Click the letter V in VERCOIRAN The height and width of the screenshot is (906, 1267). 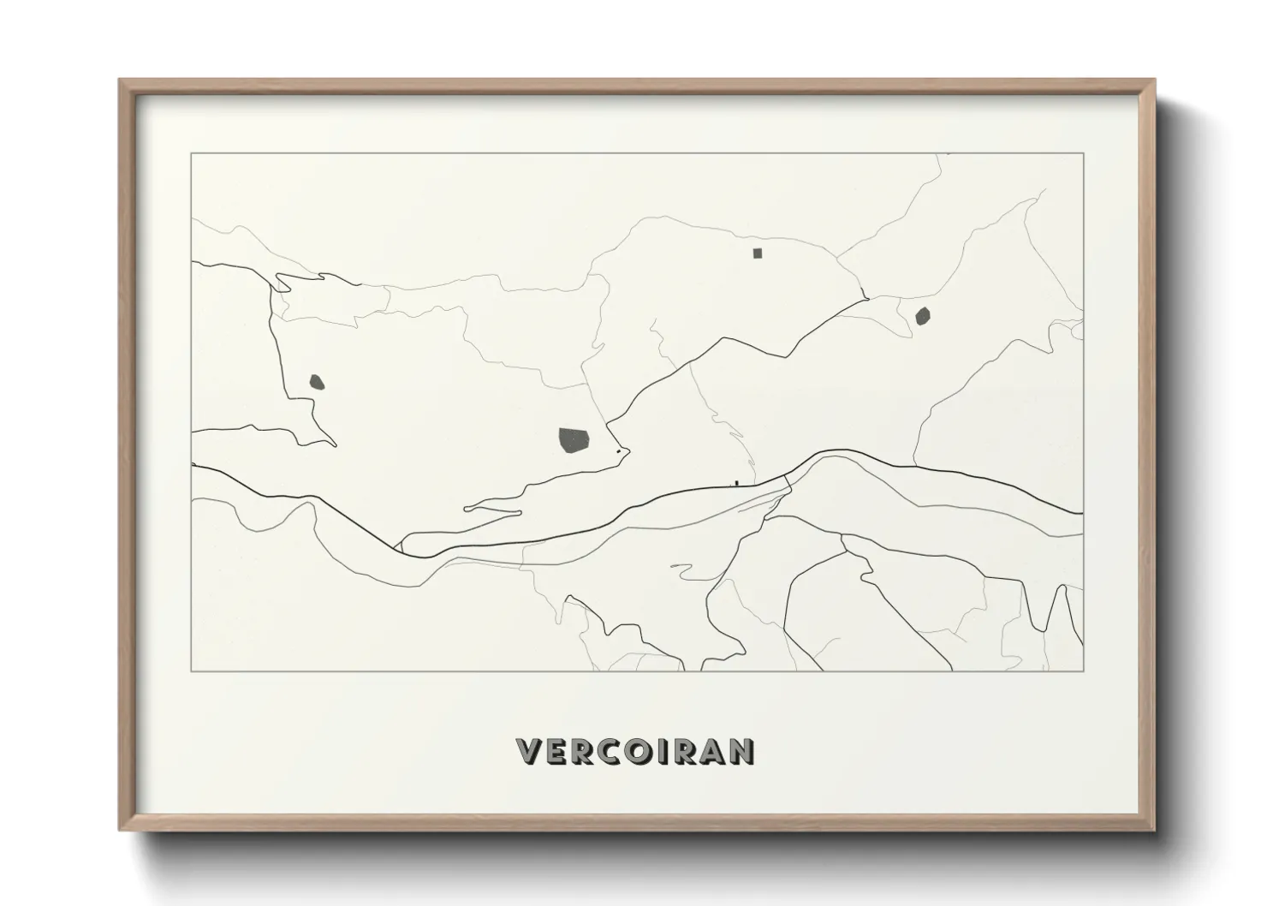[528, 751]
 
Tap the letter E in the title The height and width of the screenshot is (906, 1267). [555, 751]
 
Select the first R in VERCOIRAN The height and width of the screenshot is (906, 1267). [580, 751]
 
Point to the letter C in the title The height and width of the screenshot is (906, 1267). [607, 751]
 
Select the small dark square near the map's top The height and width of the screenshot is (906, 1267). [757, 253]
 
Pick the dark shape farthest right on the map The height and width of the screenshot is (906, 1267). [922, 317]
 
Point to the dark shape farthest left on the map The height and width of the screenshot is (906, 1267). [316, 381]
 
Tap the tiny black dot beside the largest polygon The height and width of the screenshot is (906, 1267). [618, 450]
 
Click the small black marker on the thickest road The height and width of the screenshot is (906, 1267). [735, 484]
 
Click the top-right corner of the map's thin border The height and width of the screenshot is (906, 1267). [1084, 153]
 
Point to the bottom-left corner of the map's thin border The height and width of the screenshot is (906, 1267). [192, 671]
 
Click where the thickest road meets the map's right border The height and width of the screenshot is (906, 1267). [1083, 514]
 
